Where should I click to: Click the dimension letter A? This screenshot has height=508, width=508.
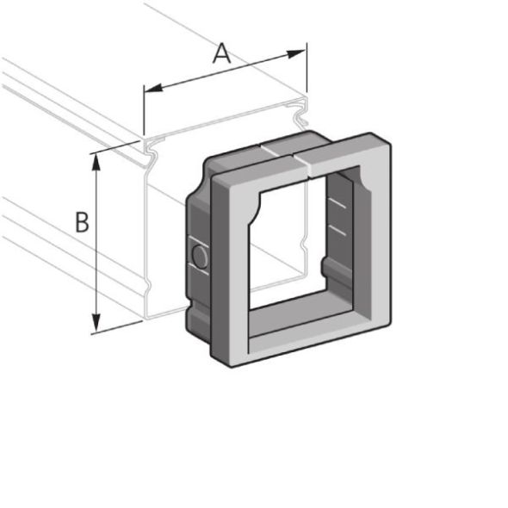click(x=222, y=53)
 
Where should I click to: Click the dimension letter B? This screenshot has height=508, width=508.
click(x=82, y=222)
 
